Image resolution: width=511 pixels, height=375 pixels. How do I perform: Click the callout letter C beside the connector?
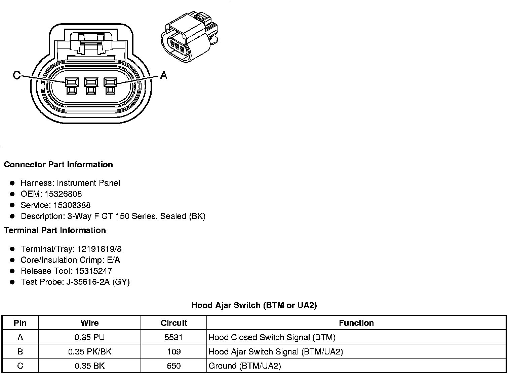16,75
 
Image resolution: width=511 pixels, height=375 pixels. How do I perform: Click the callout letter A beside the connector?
163,75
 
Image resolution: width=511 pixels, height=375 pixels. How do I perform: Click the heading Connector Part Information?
58,165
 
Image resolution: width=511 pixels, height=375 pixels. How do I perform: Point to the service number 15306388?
72,205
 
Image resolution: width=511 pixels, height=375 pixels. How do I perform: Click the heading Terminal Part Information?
55,230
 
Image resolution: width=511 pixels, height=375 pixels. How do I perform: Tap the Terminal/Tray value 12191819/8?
100,249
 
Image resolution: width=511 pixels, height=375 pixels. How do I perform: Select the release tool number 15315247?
93,271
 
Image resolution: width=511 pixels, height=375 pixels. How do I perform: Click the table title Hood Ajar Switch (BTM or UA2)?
254,305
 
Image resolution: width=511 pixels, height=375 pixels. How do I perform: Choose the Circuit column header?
174,323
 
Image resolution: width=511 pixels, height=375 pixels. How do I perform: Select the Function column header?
356,323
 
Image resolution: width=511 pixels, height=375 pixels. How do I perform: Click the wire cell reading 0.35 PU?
89,337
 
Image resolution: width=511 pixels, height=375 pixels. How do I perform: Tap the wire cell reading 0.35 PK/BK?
89,352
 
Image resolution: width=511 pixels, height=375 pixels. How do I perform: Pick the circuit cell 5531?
173,337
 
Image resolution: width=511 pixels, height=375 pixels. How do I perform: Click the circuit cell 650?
173,366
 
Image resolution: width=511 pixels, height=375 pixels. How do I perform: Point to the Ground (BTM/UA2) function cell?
245,366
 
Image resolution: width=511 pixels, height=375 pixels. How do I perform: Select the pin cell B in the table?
20,352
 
